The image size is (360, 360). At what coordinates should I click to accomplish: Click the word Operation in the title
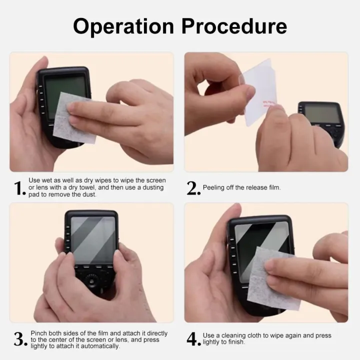click(123, 27)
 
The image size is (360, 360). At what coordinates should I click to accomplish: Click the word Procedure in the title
click(234, 26)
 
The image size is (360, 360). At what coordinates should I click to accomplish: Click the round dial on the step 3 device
click(92, 280)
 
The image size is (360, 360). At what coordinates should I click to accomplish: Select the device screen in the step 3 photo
click(93, 240)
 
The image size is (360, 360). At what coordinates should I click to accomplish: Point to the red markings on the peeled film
click(269, 104)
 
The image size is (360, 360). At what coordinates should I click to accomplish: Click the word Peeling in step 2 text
click(214, 188)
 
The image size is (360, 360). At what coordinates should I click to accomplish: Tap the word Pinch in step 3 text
click(39, 333)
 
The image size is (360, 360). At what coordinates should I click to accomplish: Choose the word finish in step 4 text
click(236, 342)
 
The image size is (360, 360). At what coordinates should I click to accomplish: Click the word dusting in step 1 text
click(153, 188)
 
